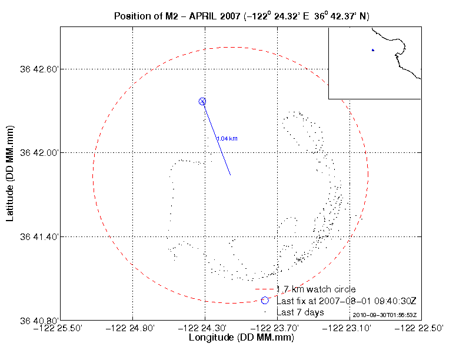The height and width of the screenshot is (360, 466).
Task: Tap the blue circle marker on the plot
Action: pos(202,102)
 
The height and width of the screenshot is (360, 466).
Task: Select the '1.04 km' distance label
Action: pos(227,139)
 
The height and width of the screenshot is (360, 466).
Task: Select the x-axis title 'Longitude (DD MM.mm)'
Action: pos(241,338)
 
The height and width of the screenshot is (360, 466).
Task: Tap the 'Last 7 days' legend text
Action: pos(300,312)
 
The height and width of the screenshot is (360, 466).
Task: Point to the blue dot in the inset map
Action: pos(373,50)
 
